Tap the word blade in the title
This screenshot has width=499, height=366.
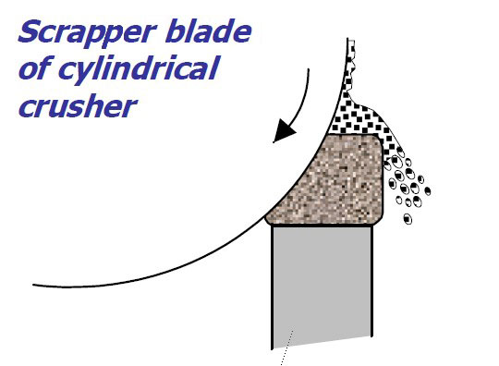tap(208, 30)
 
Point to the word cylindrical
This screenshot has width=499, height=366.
tap(139, 70)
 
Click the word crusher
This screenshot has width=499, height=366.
tap(78, 105)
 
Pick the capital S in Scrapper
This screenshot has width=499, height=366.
tap(31, 31)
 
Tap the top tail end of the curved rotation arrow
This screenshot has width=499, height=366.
tap(308, 69)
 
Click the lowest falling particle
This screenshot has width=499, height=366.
tap(408, 219)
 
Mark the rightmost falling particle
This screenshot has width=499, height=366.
tap(428, 191)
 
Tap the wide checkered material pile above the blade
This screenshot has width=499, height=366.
tap(359, 121)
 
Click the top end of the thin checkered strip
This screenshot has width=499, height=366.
tap(351, 40)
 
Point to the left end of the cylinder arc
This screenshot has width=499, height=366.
tap(33, 285)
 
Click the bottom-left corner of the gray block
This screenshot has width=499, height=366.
tap(273, 349)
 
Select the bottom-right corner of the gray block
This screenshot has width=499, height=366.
tap(371, 335)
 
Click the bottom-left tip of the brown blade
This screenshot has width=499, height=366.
tap(266, 218)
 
